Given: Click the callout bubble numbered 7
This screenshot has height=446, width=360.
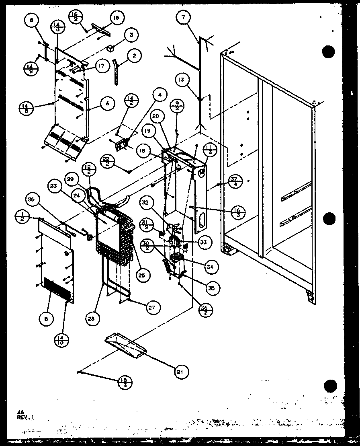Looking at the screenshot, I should [184, 18].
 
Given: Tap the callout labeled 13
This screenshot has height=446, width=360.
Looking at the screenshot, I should [182, 80].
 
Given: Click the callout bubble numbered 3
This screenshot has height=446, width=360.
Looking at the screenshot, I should [130, 35].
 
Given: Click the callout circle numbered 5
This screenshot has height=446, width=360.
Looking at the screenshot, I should [46, 319].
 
